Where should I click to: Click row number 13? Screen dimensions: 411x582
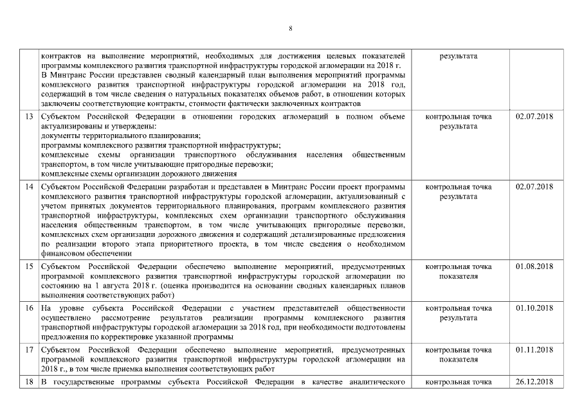click(29, 116)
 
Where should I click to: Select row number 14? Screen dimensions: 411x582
click(29, 187)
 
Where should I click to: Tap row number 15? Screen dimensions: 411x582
click(29, 266)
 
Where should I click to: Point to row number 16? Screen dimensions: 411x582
click(29, 308)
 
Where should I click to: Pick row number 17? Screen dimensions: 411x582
click(29, 350)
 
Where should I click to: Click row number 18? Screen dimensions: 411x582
click(29, 384)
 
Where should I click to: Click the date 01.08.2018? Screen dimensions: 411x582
click(534, 266)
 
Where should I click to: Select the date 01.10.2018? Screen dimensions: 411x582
click(534, 308)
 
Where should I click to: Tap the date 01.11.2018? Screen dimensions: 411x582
click(534, 350)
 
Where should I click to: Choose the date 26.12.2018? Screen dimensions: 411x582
click(534, 384)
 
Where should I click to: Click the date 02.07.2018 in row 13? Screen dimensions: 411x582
click(534, 116)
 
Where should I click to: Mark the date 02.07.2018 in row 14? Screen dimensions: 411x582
click(534, 187)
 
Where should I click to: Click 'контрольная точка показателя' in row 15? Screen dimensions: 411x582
click(459, 271)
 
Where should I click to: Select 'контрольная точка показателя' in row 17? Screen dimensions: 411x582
click(459, 355)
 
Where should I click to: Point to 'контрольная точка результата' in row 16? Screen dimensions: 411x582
click(459, 313)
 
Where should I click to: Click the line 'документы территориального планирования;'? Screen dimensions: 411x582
click(120, 136)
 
